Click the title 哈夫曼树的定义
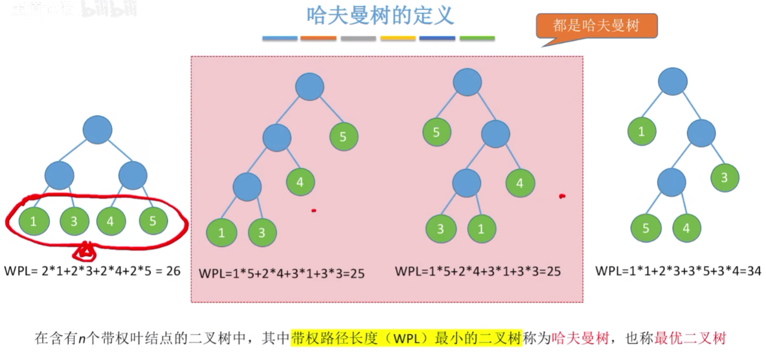380,16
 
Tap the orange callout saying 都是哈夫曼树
596,26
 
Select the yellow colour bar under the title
398,38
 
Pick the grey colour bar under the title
358,38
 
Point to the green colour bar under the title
477,38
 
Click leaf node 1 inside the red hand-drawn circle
32,221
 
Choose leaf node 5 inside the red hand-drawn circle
153,221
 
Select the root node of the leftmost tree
97,130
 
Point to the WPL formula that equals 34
678,270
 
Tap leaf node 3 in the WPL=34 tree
724,178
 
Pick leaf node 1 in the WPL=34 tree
642,131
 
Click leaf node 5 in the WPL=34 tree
645,228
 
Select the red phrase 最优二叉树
690,338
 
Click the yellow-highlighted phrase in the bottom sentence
406,338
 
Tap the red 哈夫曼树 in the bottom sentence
580,338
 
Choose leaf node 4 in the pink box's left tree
300,182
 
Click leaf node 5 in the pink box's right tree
436,132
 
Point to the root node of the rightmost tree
672,82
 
